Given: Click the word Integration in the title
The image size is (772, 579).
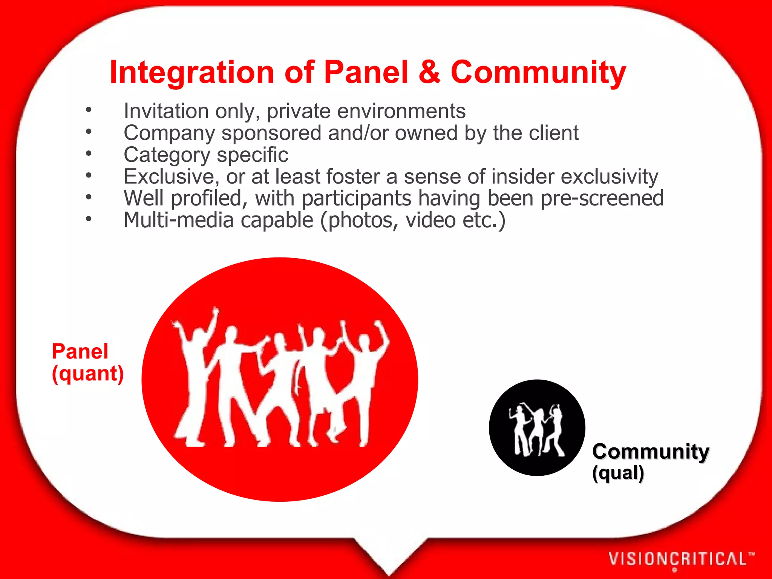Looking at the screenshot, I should pos(191,72).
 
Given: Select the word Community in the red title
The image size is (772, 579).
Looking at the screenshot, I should pos(538,72).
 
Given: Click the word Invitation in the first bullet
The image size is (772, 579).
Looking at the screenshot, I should pos(166,111).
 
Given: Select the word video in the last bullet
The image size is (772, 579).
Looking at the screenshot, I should pos(430,220).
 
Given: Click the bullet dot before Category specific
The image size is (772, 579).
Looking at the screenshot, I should pos(89,153).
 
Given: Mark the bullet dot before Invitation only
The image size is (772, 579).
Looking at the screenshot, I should pos(89,110).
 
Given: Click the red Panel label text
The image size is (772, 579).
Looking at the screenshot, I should pos(80,351).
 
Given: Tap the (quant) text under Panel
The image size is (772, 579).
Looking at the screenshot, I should pos(87,374).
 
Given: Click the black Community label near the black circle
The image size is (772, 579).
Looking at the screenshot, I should pos(651,452).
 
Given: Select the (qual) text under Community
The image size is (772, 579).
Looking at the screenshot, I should pos(618,473).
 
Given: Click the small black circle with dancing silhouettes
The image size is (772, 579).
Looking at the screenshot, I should pos(537,427).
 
